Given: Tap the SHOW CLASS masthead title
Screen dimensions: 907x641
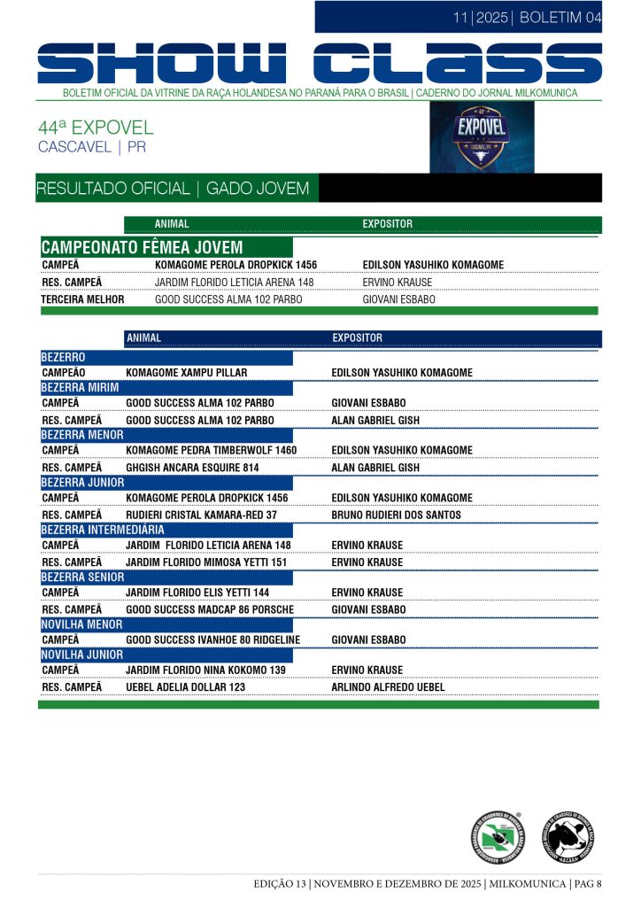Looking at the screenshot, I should point(320,65).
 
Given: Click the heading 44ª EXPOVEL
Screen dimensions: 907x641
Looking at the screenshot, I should point(96,128).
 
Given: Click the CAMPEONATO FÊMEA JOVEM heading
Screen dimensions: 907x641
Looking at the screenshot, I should point(142,247).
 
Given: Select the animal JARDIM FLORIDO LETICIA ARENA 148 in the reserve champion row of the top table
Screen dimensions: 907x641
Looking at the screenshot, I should point(235,283).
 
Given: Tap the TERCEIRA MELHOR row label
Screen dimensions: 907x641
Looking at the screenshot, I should point(82,299).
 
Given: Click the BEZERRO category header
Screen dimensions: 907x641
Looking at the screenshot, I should point(64,357).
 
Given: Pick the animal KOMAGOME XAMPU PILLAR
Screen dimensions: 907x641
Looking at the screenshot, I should point(187,373).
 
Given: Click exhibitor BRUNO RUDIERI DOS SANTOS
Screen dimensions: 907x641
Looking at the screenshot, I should point(396,515).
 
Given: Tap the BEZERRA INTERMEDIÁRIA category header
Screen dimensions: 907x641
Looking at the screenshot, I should point(103,530).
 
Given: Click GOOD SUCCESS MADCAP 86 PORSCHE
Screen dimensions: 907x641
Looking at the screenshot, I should point(210,610).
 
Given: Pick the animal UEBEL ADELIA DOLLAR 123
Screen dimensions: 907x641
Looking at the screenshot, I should point(185,687).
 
